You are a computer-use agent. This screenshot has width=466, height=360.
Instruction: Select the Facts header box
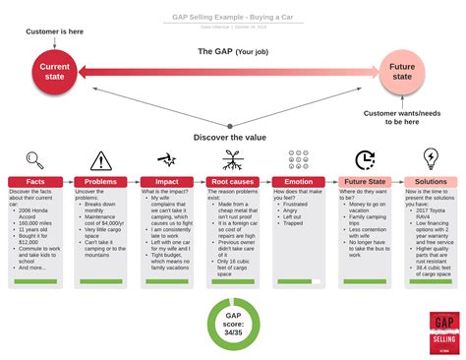point(34,182)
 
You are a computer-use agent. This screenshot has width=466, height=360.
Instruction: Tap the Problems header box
point(101,182)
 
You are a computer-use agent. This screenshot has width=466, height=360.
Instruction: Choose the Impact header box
point(167,182)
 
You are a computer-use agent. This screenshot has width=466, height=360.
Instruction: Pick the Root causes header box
point(233,182)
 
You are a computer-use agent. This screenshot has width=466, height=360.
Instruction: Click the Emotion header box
point(299,182)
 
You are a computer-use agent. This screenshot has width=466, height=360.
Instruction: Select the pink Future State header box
point(365,182)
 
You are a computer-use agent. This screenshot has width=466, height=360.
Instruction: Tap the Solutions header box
point(431,182)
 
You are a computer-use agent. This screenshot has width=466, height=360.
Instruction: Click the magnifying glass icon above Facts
point(34,159)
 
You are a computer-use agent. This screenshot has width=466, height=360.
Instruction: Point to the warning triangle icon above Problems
point(101,159)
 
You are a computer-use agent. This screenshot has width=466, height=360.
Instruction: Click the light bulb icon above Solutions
point(431,158)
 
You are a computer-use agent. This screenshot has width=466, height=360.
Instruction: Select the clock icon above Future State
point(365,159)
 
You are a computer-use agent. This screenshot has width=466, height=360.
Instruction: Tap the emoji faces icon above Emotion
point(299,159)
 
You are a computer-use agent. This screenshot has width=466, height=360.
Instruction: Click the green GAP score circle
point(233,326)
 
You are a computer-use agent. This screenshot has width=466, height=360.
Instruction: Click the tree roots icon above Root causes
point(233,159)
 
